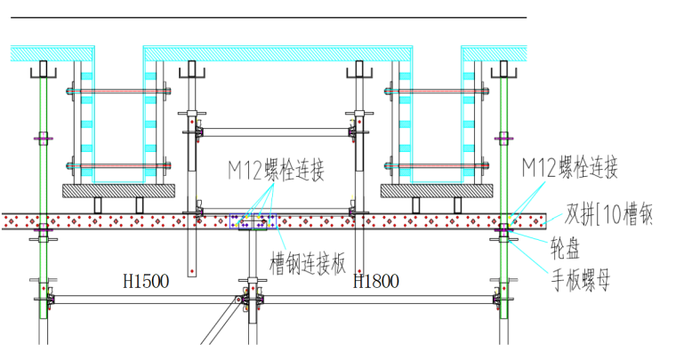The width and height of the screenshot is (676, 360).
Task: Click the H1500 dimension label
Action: [146, 282]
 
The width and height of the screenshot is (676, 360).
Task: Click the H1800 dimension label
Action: [376, 282]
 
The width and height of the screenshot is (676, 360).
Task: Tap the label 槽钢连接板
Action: [307, 263]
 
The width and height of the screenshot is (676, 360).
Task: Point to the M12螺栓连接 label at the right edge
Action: [569, 167]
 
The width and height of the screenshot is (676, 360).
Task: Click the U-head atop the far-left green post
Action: [42, 70]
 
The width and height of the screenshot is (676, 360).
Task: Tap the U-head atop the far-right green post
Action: [504, 70]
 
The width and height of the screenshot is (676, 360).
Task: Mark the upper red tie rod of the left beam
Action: [119, 91]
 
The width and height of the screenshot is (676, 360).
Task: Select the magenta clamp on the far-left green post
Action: [42, 139]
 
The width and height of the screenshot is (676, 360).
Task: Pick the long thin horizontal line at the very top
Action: [267, 17]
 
